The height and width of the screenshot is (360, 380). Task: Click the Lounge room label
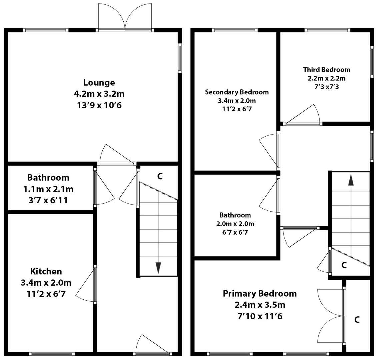coord(99,82)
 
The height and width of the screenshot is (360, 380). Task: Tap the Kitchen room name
coord(46,271)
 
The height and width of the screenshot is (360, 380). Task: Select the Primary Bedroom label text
coord(259,294)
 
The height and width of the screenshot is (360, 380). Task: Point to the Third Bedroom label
coord(326,70)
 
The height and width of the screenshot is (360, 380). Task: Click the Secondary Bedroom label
coord(237,92)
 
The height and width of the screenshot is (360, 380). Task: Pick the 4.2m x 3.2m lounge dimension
coord(99,94)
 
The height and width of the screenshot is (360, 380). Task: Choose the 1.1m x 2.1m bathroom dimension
coord(48,189)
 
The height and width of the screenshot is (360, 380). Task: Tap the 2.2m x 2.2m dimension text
coord(326,79)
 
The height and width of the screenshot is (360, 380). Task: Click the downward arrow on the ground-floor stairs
coord(158,267)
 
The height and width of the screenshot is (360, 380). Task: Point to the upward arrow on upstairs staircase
coord(351,180)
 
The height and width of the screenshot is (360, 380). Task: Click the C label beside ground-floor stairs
coord(160,176)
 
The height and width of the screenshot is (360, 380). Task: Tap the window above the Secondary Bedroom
coord(235,30)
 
